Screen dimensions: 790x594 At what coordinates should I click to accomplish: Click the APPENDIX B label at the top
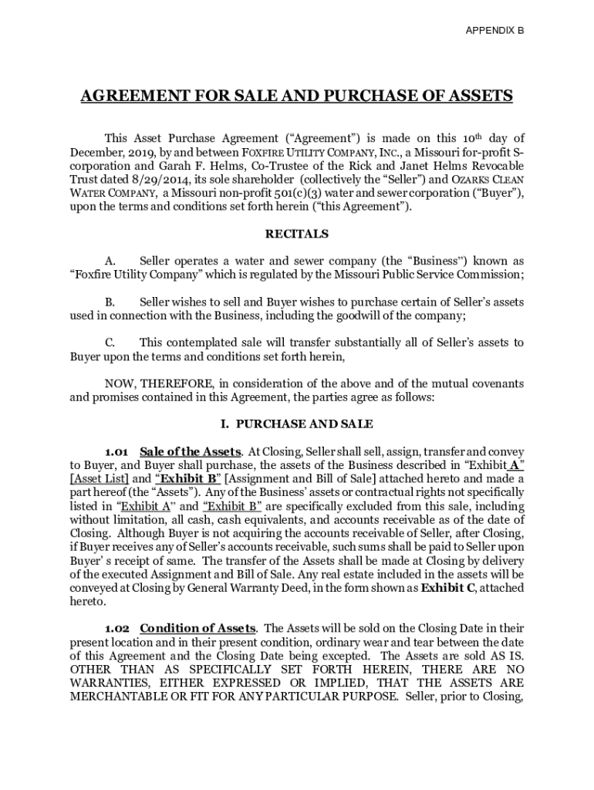(494, 31)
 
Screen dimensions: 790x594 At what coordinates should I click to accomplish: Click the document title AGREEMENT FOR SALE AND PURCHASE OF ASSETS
(297, 96)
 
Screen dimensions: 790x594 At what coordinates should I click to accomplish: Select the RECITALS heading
(297, 234)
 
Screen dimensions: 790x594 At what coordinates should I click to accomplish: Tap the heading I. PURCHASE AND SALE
(297, 424)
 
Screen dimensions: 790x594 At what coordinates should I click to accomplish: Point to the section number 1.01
(119, 451)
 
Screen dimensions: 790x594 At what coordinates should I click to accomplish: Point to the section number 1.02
(119, 628)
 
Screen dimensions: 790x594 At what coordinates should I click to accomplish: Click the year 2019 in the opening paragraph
(142, 153)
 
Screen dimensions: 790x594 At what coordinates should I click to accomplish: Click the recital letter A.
(109, 261)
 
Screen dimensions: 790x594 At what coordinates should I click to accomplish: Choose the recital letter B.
(109, 302)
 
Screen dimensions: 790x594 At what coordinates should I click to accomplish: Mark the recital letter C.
(109, 343)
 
